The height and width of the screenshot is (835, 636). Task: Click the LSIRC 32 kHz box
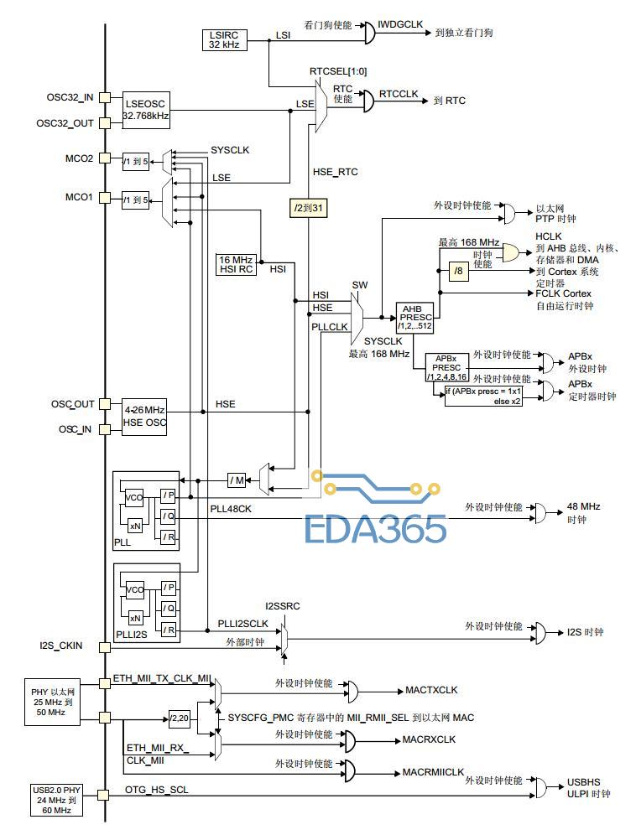click(x=224, y=40)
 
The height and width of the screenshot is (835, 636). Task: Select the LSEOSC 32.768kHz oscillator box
click(x=146, y=110)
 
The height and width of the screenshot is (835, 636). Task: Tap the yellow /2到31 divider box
click(x=309, y=208)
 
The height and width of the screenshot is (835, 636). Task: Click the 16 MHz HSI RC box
click(x=236, y=265)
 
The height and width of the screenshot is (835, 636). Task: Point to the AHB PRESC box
click(x=414, y=318)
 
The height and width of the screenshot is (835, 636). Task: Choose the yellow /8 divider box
click(x=458, y=271)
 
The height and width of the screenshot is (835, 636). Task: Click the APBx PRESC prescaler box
click(x=446, y=367)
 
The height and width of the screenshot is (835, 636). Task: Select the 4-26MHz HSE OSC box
click(x=144, y=417)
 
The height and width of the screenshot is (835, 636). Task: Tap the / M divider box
click(x=237, y=480)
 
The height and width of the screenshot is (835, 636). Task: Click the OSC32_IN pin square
click(x=105, y=97)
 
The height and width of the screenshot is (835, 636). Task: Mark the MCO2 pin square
click(x=105, y=158)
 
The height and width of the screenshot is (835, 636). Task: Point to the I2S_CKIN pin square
click(x=105, y=647)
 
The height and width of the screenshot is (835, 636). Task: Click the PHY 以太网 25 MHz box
click(x=52, y=702)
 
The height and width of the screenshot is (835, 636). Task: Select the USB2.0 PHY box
click(x=56, y=800)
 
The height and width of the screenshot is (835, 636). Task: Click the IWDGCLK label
click(x=400, y=24)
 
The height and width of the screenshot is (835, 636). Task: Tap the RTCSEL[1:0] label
click(x=338, y=71)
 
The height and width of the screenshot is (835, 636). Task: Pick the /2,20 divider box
click(x=179, y=718)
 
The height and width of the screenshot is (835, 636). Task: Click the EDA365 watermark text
click(x=375, y=528)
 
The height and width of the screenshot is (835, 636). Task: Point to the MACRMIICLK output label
click(x=433, y=772)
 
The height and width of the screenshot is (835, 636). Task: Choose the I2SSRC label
click(x=283, y=606)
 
